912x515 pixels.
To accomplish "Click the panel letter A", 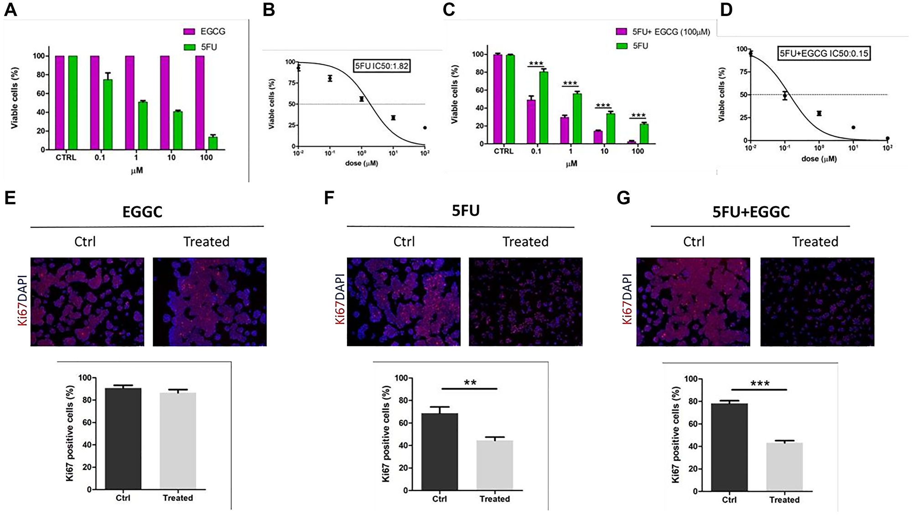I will click(10, 10).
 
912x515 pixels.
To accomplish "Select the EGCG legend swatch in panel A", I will click(189, 31).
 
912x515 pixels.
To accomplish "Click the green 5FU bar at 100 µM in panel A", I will click(212, 143).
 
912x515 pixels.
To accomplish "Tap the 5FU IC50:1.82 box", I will click(382, 66).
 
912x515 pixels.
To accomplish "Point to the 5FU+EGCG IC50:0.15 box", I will click(824, 53).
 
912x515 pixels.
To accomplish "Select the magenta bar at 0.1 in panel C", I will click(531, 121).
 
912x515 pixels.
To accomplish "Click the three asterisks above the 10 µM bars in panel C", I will click(603, 105).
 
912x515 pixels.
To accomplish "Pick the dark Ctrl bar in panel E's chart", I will click(123, 438).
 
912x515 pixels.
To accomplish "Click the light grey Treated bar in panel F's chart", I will click(495, 465).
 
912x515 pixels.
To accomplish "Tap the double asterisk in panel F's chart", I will click(470, 382).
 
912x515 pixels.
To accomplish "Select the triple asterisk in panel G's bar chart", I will click(760, 384).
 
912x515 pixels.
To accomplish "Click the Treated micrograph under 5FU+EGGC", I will click(817, 302).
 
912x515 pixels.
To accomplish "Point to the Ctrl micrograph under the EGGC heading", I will click(87, 302).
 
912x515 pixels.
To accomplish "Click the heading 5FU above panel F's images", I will click(466, 210).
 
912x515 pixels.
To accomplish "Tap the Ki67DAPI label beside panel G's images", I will click(627, 299).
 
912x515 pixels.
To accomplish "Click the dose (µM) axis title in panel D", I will click(819, 159).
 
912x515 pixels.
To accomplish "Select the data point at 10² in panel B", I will click(425, 128).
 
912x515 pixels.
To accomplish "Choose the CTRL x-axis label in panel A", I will click(66, 157).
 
